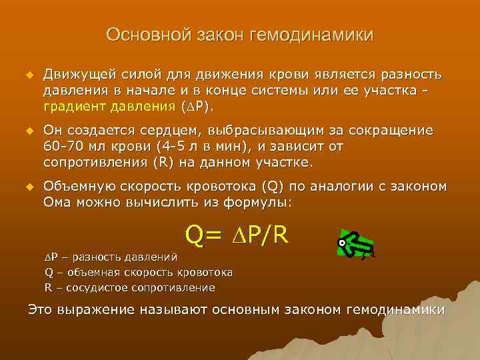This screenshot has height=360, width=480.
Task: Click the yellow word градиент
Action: point(73,106)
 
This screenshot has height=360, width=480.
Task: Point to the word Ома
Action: point(57,203)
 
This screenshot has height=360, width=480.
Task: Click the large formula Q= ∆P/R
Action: point(237,234)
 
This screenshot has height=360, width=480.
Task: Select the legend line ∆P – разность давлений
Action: point(111,255)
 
